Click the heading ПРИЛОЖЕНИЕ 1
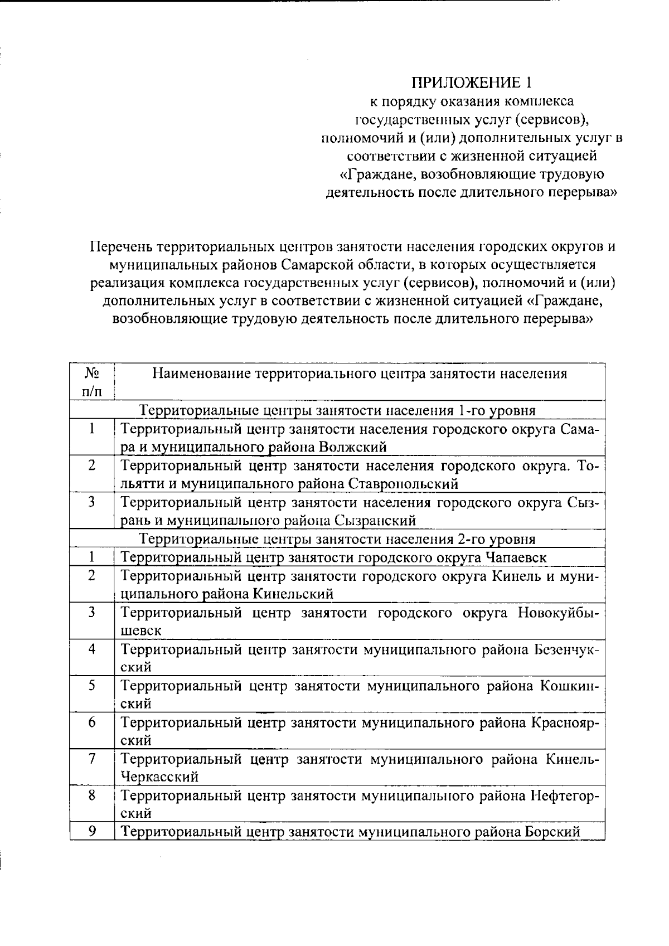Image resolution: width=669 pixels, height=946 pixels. pos(472,83)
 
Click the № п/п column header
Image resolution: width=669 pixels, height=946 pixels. pos(92,381)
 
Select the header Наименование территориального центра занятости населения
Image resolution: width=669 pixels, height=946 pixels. pos(360,373)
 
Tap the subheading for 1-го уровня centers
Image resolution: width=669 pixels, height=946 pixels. pos(337,411)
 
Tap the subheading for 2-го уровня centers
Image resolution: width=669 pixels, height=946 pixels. pos(337,539)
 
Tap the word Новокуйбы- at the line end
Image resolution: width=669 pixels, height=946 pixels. pos(558,613)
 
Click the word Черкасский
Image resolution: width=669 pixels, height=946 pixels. pos(160,777)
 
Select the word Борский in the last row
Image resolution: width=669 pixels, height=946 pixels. pos(552,832)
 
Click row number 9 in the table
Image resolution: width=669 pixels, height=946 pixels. pos(92,831)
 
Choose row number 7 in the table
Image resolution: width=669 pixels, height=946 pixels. pos(92,759)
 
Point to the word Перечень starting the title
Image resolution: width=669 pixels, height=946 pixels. pos(122,246)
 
